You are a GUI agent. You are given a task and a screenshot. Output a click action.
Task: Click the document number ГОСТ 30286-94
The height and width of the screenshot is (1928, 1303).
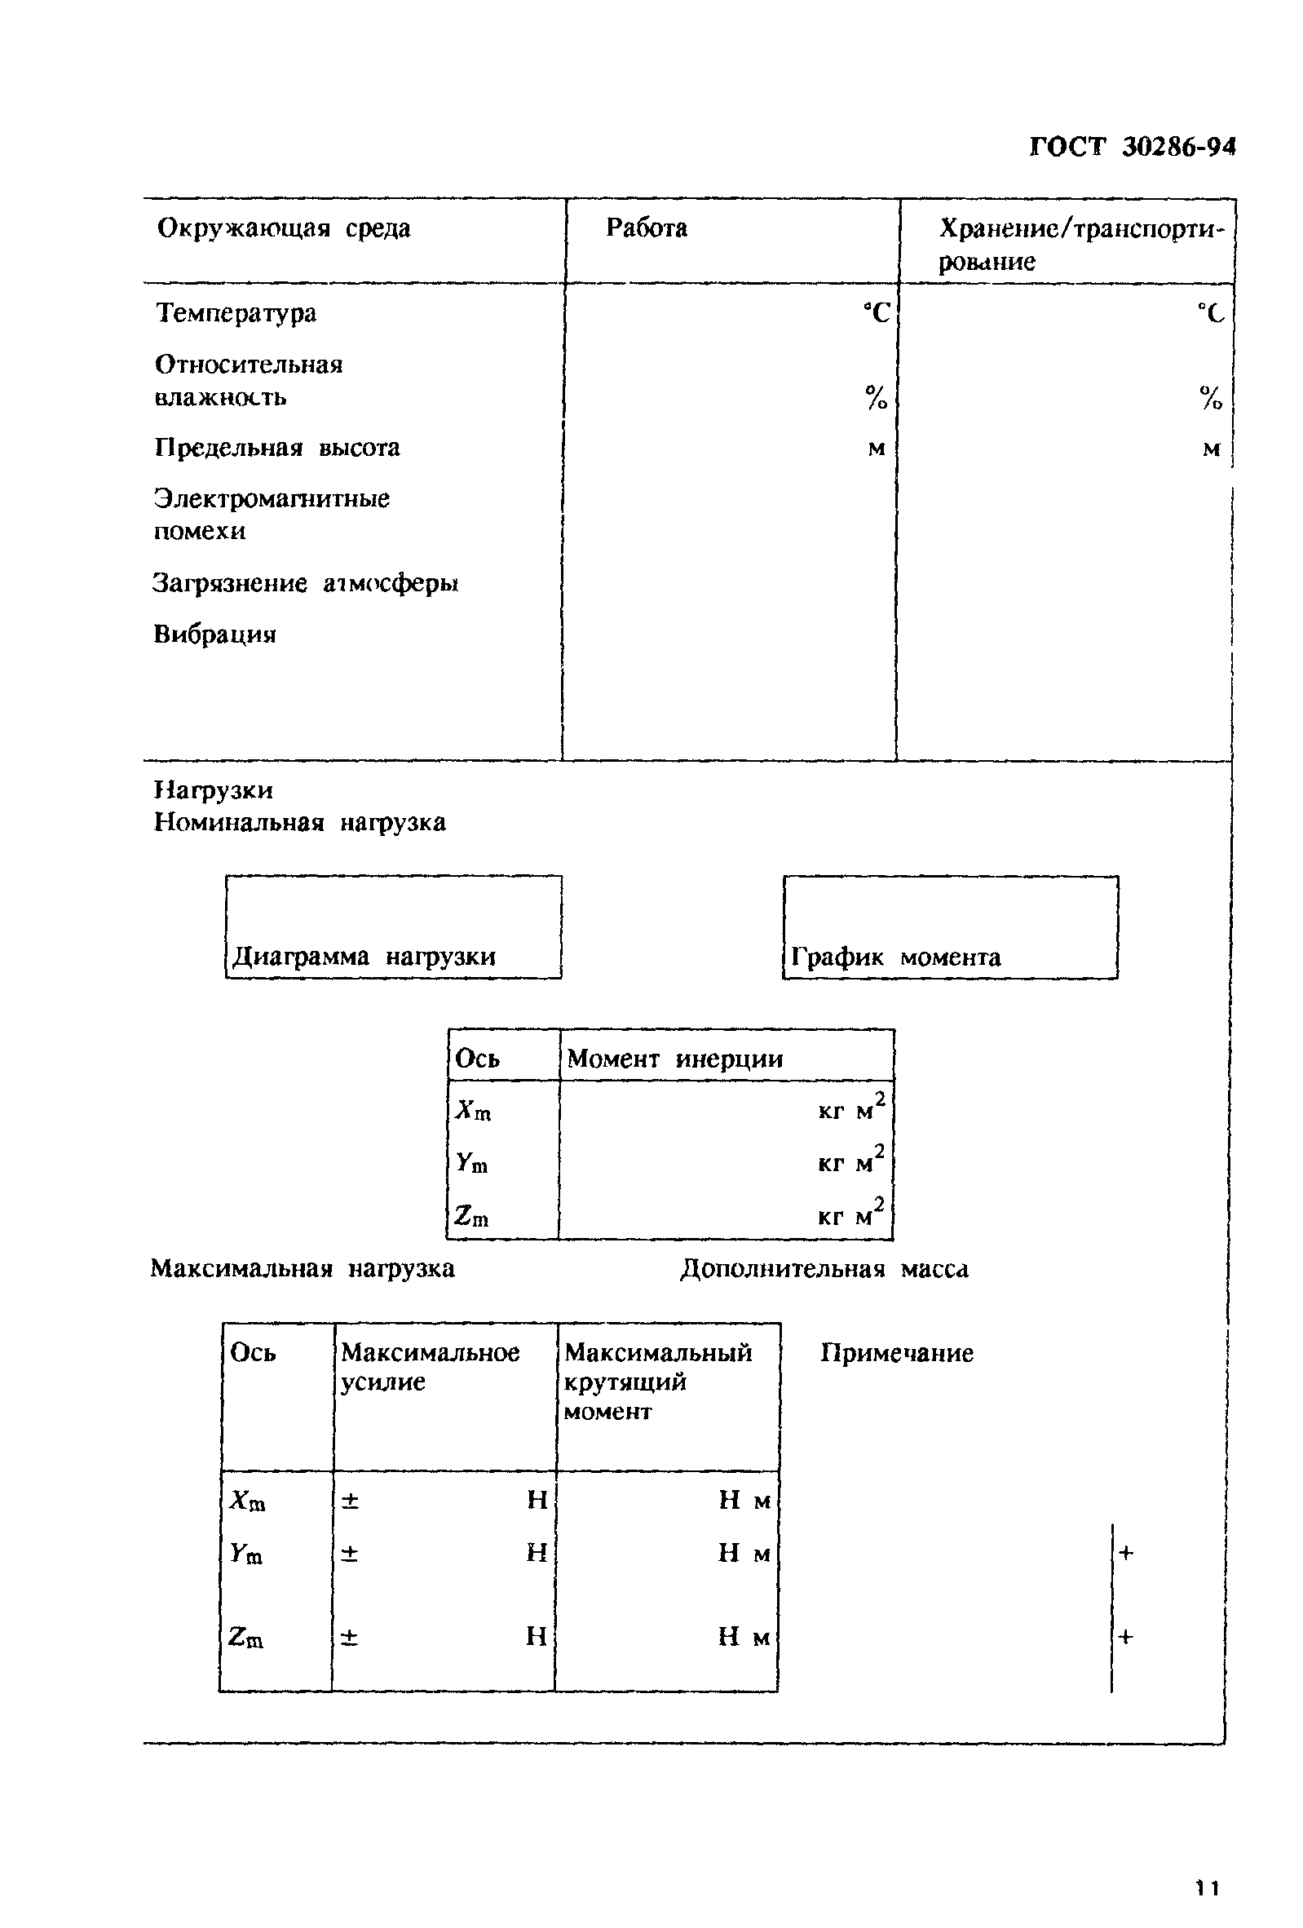(x=1131, y=148)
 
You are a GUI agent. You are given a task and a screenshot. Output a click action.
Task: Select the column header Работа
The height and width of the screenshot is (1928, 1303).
(x=646, y=228)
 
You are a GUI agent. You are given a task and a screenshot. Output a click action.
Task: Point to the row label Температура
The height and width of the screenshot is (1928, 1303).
(x=236, y=314)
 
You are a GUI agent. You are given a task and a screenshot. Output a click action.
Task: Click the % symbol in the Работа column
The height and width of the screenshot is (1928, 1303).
(x=876, y=398)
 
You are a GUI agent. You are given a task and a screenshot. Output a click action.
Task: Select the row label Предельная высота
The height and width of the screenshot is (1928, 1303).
(x=277, y=448)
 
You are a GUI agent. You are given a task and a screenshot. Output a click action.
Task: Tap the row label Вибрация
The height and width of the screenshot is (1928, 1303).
(x=214, y=635)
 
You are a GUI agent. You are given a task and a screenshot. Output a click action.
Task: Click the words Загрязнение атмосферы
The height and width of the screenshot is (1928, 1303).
(x=305, y=584)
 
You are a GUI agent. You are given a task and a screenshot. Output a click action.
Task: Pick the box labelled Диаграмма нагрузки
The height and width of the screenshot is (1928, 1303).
(x=393, y=926)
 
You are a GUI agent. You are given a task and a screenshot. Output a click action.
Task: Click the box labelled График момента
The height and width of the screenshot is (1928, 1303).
(x=951, y=927)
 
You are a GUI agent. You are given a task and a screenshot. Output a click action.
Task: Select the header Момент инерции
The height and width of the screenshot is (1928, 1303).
(x=674, y=1059)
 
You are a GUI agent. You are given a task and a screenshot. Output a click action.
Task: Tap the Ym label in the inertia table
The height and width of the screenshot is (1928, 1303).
(x=472, y=1163)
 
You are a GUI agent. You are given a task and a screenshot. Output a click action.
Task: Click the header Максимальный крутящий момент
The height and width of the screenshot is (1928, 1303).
(x=658, y=1382)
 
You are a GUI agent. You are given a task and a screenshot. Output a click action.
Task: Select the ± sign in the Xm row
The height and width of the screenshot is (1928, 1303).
(x=350, y=1500)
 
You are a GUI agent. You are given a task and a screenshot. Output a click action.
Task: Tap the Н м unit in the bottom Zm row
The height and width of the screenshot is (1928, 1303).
(x=744, y=1637)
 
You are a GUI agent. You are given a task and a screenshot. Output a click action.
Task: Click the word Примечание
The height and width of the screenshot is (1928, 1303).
(x=897, y=1353)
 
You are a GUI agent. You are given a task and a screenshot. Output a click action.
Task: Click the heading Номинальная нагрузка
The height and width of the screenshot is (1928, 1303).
(x=300, y=823)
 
